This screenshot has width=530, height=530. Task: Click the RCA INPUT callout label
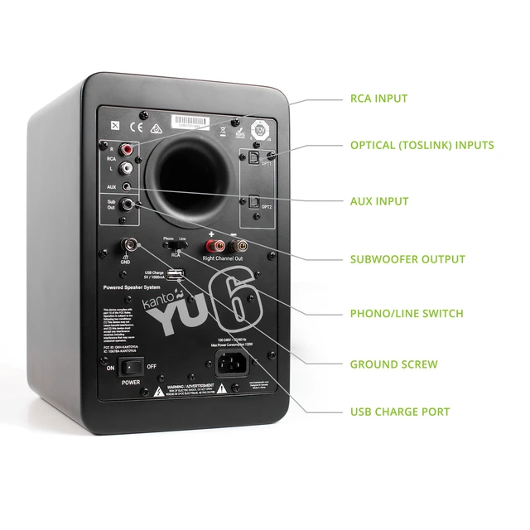378,99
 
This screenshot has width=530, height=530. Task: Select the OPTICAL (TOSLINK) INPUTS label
422,145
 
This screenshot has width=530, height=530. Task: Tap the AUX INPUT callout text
378,201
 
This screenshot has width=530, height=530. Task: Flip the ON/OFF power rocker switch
128,364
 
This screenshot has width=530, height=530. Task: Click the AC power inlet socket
234,362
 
